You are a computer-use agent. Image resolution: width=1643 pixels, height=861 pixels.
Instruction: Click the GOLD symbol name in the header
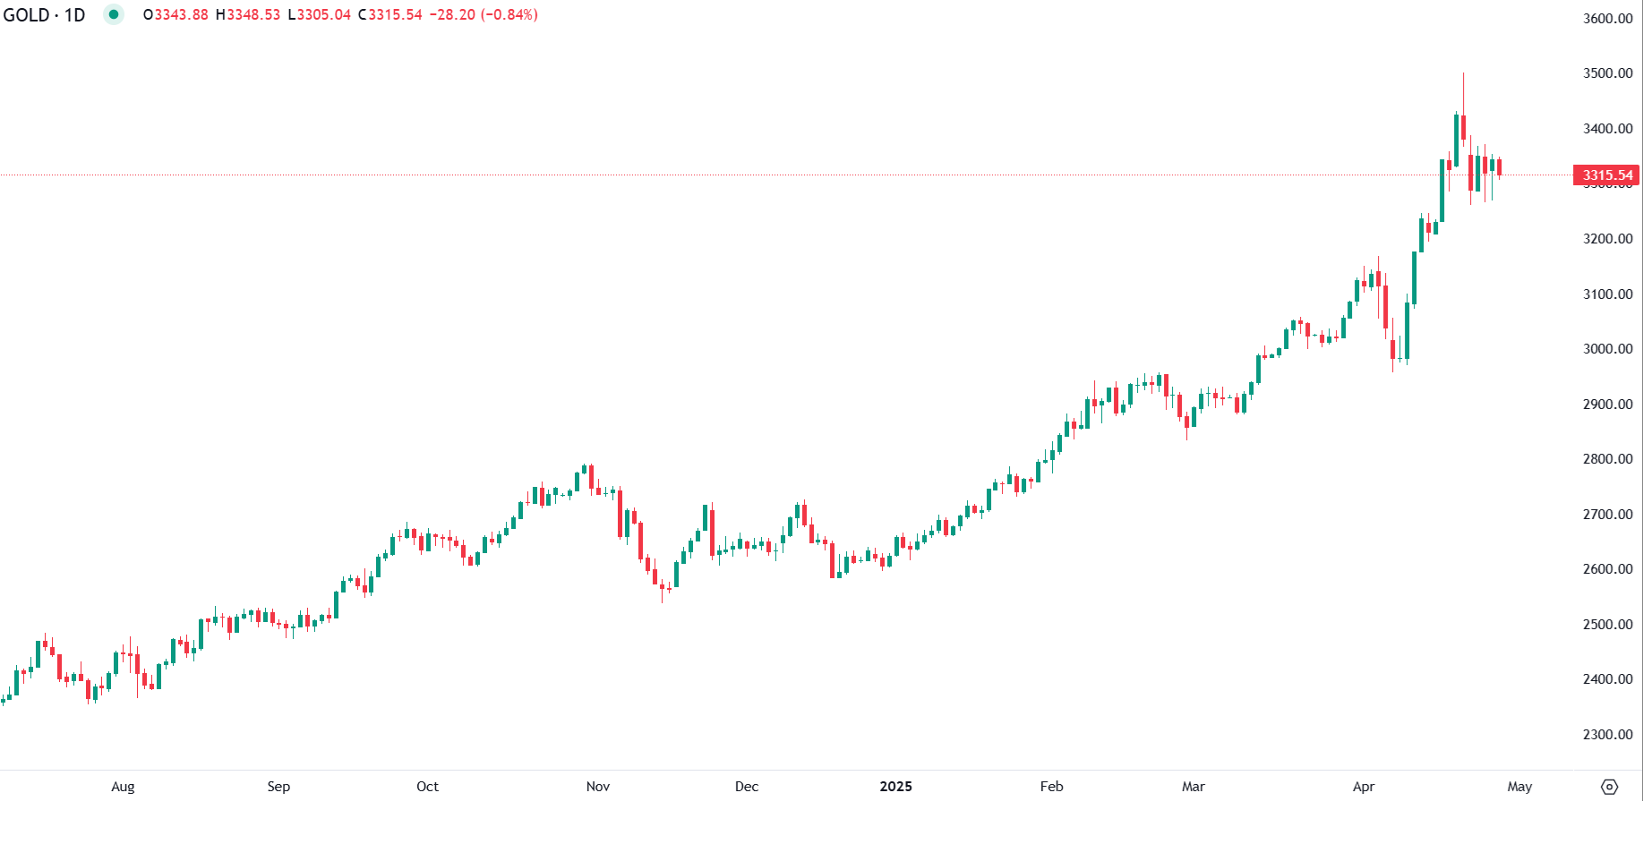click(26, 15)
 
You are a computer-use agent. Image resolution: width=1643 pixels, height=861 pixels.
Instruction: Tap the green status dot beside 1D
click(114, 14)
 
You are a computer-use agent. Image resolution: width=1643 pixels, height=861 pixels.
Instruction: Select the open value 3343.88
click(181, 15)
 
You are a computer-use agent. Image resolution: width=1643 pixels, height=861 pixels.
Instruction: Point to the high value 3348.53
click(252, 15)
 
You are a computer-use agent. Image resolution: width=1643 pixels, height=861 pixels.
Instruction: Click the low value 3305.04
click(323, 15)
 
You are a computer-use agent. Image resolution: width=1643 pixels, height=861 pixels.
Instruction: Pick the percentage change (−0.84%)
click(509, 15)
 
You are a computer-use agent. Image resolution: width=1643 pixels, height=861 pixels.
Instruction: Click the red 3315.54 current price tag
click(1607, 175)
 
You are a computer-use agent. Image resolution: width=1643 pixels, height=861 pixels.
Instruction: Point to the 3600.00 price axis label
click(1607, 19)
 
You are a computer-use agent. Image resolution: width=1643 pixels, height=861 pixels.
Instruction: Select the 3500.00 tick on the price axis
click(1607, 73)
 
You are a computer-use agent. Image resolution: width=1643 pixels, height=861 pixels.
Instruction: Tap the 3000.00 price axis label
click(1607, 349)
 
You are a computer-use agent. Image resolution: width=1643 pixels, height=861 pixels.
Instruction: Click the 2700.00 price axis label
click(1607, 515)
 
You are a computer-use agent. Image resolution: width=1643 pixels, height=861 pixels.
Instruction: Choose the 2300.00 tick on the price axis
click(1607, 735)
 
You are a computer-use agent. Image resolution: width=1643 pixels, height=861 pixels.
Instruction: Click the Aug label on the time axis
click(123, 787)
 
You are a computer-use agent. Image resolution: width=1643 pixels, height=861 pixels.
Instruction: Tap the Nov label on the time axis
click(597, 787)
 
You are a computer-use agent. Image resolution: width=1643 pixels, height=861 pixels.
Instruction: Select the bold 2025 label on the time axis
click(895, 787)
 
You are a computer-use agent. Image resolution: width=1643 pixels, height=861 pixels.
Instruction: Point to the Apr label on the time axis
click(1363, 787)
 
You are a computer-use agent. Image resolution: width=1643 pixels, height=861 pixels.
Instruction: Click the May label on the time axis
click(1519, 787)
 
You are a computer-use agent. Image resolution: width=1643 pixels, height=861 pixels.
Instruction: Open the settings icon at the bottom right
click(1609, 787)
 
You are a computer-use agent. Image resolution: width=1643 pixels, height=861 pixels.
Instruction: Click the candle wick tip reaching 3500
click(1463, 74)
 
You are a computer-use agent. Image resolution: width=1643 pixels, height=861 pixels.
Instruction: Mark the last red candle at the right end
click(1499, 167)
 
